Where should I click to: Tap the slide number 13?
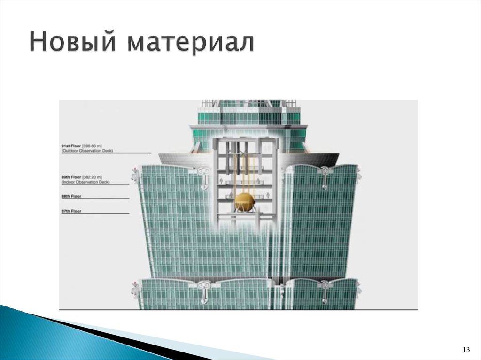(x=466, y=350)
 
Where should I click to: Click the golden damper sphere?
(x=246, y=202)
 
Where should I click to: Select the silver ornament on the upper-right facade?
(x=325, y=176)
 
